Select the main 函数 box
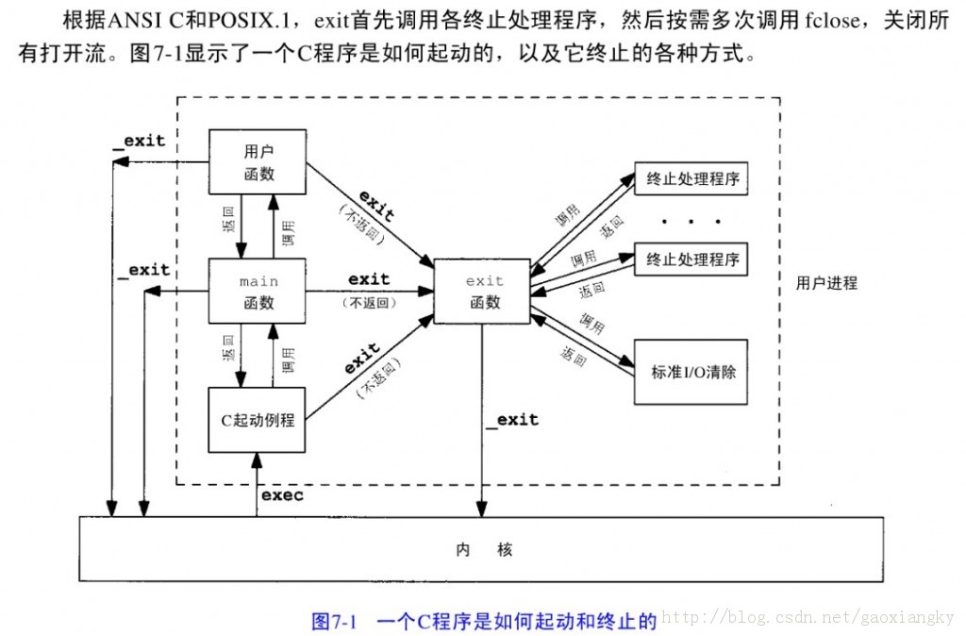pyautogui.click(x=258, y=292)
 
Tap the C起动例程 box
pyautogui.click(x=258, y=420)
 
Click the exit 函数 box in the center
pyautogui.click(x=485, y=292)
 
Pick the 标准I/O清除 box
pyautogui.click(x=692, y=371)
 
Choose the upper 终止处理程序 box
pyautogui.click(x=692, y=177)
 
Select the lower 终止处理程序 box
pyautogui.click(x=692, y=258)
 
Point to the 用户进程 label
pyautogui.click(x=826, y=282)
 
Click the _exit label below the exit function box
pyautogui.click(x=512, y=419)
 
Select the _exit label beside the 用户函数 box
pyautogui.click(x=138, y=141)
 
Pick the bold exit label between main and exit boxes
pyautogui.click(x=368, y=279)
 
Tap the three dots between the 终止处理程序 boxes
pyautogui.click(x=691, y=221)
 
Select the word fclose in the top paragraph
pyautogui.click(x=830, y=21)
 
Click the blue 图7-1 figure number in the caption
pyautogui.click(x=333, y=621)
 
